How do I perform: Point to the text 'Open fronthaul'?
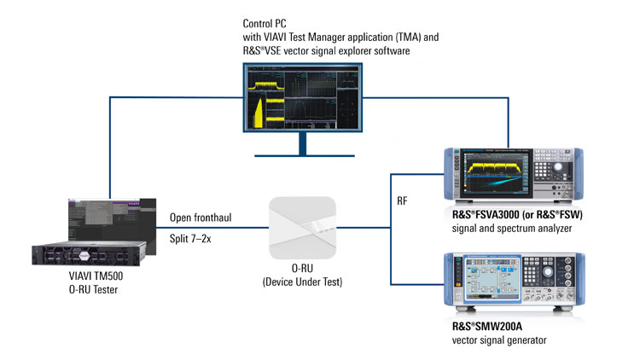pos(200,218)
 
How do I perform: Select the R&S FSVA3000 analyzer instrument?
pos(512,176)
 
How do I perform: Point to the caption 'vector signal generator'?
pos(499,341)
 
